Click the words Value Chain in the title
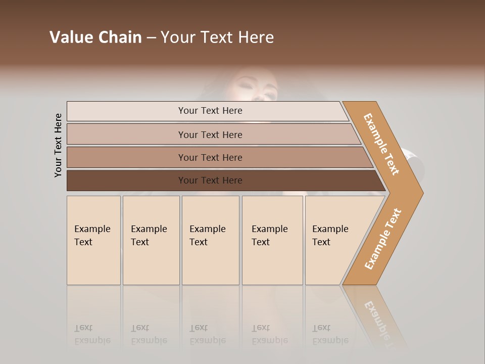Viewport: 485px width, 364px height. (x=95, y=37)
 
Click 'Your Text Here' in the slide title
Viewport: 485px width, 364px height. (x=217, y=37)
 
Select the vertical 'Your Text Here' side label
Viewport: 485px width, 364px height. (x=58, y=145)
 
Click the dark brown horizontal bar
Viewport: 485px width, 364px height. (x=126, y=180)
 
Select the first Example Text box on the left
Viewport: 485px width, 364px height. (x=93, y=240)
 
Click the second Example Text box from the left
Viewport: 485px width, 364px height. (x=151, y=240)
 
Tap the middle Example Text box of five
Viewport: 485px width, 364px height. (x=210, y=240)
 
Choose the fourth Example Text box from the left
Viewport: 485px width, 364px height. (x=272, y=240)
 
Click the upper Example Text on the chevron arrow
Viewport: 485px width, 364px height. (x=381, y=144)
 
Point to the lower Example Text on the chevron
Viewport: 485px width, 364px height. (x=383, y=239)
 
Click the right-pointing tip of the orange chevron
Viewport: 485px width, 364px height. (x=419, y=193)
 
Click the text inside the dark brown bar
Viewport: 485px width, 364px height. (x=210, y=180)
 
